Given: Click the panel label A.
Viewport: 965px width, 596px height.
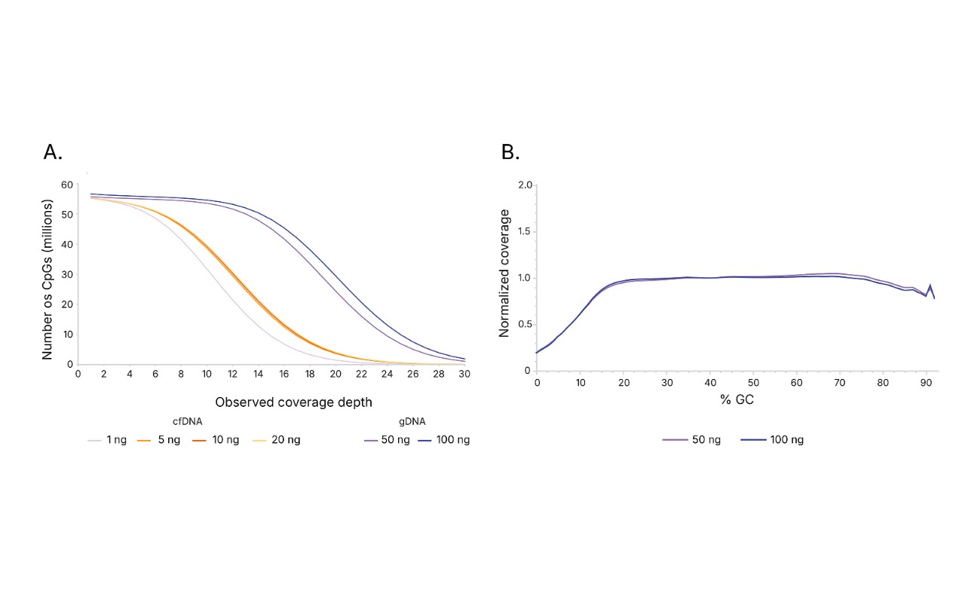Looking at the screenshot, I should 53,152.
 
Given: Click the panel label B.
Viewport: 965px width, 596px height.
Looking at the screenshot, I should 510,152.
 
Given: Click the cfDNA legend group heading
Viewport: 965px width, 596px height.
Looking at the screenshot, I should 188,422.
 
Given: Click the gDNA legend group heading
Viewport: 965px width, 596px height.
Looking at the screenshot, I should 412,422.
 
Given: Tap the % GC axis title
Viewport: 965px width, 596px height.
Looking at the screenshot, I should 737,400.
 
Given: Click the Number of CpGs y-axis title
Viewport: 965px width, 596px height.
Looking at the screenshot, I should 48,280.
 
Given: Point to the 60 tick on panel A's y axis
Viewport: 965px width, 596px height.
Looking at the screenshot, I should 66,185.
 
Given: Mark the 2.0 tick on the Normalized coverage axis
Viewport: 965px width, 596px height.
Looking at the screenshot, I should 525,185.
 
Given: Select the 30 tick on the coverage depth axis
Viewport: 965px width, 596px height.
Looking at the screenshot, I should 464,374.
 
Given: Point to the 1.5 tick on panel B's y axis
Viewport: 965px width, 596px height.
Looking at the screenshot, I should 525,231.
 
